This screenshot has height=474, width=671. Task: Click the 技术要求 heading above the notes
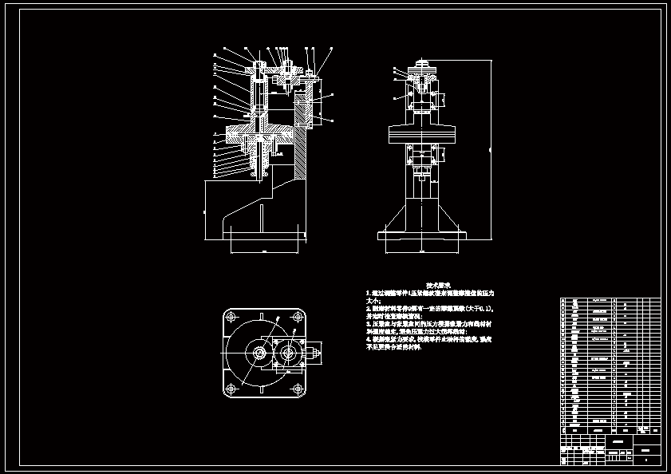[x=439, y=285]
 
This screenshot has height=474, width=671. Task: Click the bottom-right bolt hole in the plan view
[x=298, y=389]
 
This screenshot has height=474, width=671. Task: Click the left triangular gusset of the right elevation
[x=395, y=215]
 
